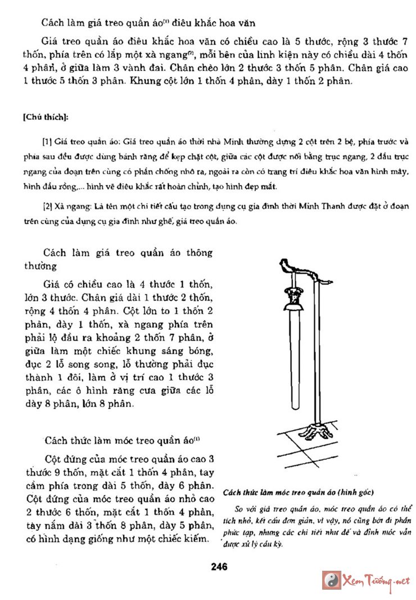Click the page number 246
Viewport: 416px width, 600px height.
point(219,566)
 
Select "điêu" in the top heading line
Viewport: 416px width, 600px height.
point(169,23)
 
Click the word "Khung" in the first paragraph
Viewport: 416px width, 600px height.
point(144,80)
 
